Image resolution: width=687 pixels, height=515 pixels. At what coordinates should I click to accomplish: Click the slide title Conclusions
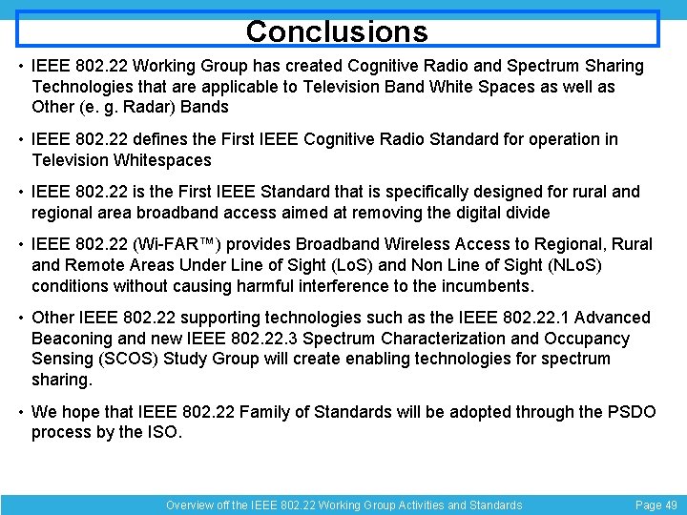click(x=337, y=31)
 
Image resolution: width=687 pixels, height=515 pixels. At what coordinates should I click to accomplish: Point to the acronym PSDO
click(x=630, y=412)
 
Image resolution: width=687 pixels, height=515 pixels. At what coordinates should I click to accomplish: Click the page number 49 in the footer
click(x=667, y=505)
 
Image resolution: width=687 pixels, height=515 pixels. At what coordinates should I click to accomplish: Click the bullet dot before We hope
click(x=21, y=412)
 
